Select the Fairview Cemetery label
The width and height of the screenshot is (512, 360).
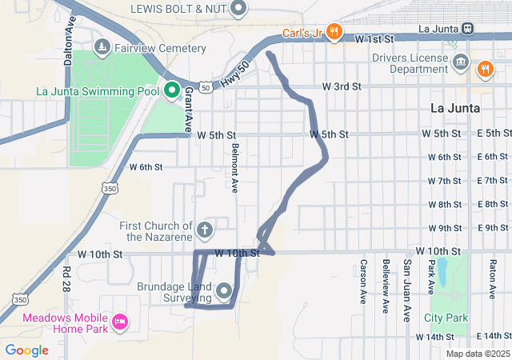[160, 48]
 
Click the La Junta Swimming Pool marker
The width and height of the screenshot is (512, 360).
[171, 90]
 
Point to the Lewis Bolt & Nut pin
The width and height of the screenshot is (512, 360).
[238, 9]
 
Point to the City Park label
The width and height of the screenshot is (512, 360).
[446, 318]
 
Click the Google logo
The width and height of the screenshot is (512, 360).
[27, 350]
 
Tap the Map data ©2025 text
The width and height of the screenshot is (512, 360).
[477, 354]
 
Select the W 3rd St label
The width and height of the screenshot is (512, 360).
[342, 86]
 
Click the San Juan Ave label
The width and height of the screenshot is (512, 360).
[407, 286]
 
